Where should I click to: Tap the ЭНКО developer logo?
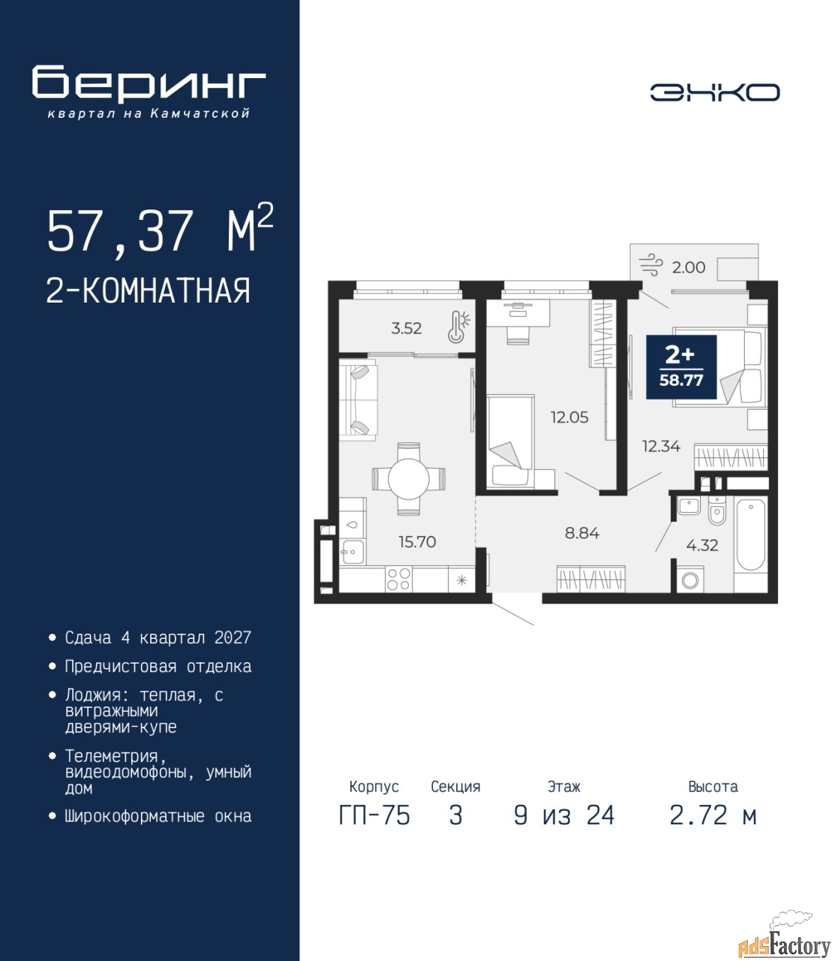tap(714, 92)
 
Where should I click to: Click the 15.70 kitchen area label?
tap(417, 541)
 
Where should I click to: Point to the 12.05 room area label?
tap(569, 417)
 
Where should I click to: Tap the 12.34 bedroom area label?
tap(661, 446)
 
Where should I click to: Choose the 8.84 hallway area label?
tap(582, 533)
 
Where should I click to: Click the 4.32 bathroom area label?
tap(702, 545)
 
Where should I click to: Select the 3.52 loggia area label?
tap(407, 329)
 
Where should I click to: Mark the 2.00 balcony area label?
tap(689, 267)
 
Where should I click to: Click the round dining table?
tap(408, 478)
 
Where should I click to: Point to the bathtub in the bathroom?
tap(751, 535)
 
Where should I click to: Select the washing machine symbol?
tap(690, 580)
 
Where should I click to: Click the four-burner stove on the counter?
tap(398, 580)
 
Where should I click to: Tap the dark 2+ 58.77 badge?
tap(681, 367)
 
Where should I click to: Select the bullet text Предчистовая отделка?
tap(158, 667)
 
